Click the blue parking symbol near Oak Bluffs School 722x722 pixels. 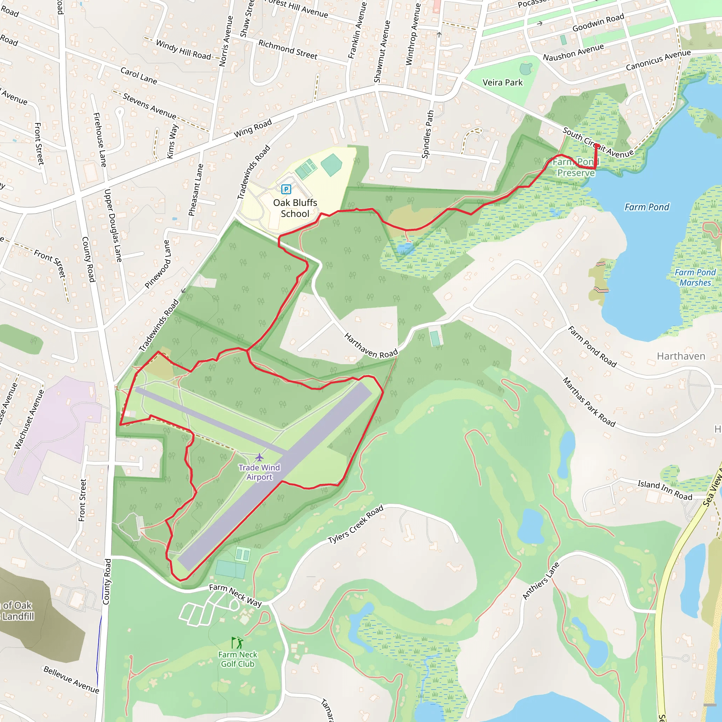coord(286,189)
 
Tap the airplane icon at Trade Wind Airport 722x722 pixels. coord(259,457)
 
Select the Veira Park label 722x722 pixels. coord(502,82)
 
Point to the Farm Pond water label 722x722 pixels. coord(647,207)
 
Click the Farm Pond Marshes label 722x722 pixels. coord(695,277)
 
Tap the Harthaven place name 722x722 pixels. coord(681,356)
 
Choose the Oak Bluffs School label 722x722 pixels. coord(295,208)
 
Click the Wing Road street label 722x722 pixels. coord(253,128)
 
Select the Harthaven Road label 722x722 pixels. coord(371,346)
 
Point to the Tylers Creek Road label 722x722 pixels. coord(355,524)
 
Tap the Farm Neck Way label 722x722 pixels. coord(235,595)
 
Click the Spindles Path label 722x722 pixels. coord(428,134)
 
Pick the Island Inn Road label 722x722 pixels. coord(665,490)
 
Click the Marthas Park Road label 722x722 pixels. coord(589,402)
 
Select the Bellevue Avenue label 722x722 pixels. coord(71,679)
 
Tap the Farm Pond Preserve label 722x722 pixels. coord(576,167)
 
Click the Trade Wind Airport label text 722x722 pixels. coord(259,472)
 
